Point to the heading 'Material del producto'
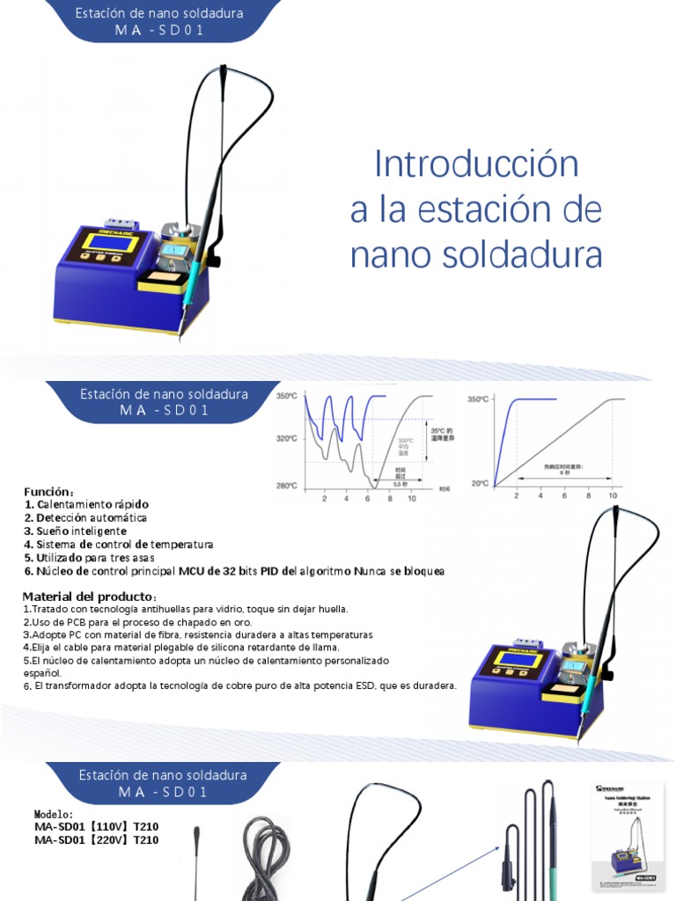click(88, 596)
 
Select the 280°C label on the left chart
click(288, 486)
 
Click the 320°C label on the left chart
click(288, 437)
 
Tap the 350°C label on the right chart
click(478, 399)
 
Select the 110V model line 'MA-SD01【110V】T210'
click(97, 827)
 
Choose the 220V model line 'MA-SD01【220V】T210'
click(97, 840)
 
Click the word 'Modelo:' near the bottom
click(55, 814)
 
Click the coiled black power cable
click(266, 858)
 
